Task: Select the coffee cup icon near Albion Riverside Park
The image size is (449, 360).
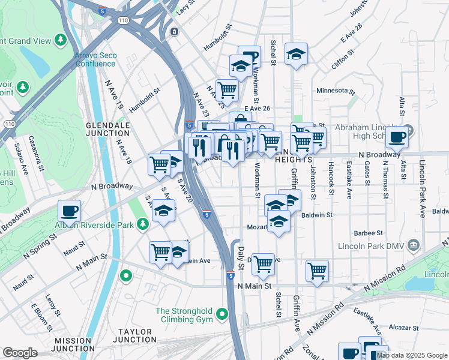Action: pos(70,212)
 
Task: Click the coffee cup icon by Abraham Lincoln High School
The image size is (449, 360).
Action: pos(397,137)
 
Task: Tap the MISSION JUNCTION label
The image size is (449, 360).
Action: pos(74,344)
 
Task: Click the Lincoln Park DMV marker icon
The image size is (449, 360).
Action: pos(413,244)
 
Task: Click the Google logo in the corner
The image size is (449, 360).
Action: pos(20,353)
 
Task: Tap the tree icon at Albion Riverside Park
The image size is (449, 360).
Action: pos(142,224)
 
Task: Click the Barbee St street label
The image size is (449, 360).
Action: pos(369,233)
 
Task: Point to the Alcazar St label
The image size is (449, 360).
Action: pos(403,328)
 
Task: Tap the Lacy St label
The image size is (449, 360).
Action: pos(187,8)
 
